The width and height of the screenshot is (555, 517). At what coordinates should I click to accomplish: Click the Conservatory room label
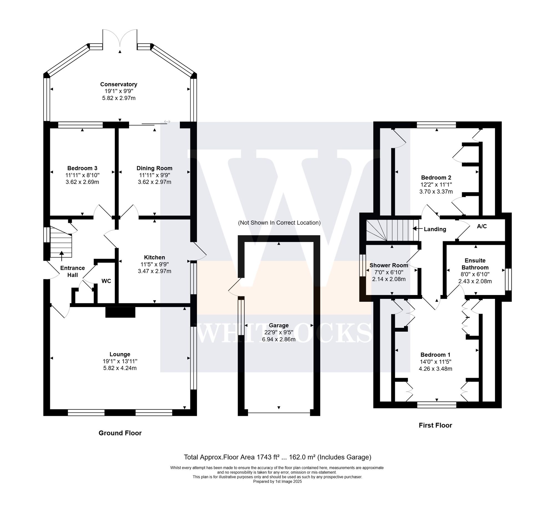(x=119, y=84)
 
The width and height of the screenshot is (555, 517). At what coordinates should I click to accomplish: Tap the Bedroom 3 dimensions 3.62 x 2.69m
(x=82, y=182)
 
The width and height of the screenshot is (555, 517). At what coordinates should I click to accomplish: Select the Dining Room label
(x=154, y=168)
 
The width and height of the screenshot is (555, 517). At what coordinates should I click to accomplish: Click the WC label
(x=106, y=281)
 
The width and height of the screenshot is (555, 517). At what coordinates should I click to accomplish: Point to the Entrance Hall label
(x=73, y=271)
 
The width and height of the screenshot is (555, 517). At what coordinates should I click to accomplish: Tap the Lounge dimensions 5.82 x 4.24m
(x=120, y=368)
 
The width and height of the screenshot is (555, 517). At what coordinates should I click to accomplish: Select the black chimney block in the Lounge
(x=120, y=313)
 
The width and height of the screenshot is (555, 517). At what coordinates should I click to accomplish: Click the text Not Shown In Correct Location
(x=279, y=223)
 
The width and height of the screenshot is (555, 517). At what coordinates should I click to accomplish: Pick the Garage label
(x=279, y=325)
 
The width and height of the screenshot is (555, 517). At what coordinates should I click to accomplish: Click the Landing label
(x=435, y=229)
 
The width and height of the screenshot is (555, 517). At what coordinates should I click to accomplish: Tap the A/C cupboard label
(x=482, y=226)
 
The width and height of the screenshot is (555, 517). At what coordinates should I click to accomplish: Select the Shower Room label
(x=389, y=265)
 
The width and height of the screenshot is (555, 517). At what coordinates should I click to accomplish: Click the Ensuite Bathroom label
(x=475, y=264)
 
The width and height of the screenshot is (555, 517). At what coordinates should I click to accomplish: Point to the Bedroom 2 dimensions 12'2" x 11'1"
(x=436, y=184)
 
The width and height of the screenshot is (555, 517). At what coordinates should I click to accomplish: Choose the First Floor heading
(x=435, y=425)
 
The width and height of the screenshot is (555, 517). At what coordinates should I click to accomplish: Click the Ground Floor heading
(x=120, y=433)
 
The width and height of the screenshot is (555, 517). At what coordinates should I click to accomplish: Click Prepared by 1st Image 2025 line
(x=277, y=481)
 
